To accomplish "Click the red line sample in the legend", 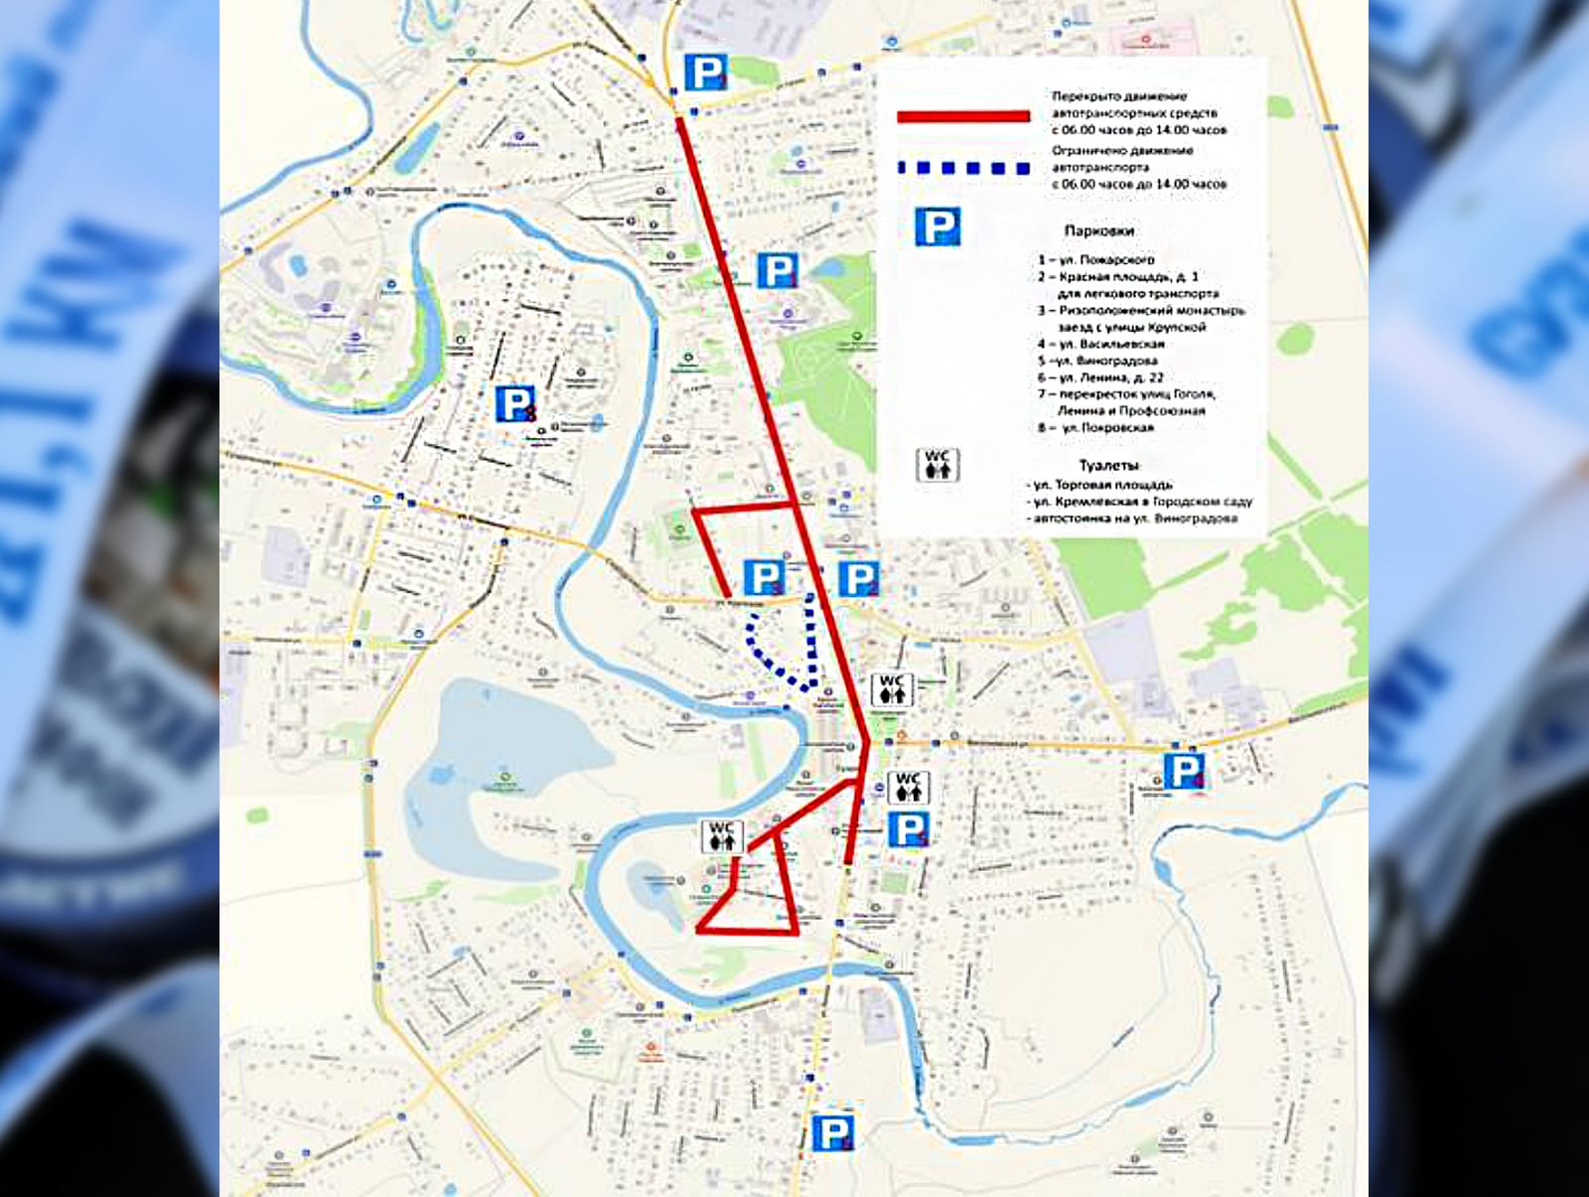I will pyautogui.click(x=962, y=116).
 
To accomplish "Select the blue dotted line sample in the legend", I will pyautogui.click(x=962, y=169).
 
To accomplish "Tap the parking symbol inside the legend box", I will pyautogui.click(x=937, y=227).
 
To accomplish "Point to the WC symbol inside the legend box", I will pyautogui.click(x=937, y=465).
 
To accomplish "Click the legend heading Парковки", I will pyautogui.click(x=1098, y=230).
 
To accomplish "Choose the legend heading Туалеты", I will pyautogui.click(x=1108, y=465).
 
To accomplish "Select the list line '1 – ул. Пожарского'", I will pyautogui.click(x=1095, y=259).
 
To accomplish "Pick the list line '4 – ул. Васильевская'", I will pyautogui.click(x=1100, y=344).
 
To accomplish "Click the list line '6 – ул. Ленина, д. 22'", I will pyautogui.click(x=1099, y=377).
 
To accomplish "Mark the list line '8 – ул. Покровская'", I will pyautogui.click(x=1095, y=428).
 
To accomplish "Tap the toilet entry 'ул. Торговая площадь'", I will pyautogui.click(x=1099, y=485).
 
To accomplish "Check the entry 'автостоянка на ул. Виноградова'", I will pyautogui.click(x=1134, y=519).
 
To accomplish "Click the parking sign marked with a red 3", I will pyautogui.click(x=514, y=404).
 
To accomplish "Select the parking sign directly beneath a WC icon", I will pyautogui.click(x=908, y=829).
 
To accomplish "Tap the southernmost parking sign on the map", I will pyautogui.click(x=832, y=1132).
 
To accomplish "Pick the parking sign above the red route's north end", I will pyautogui.click(x=705, y=73).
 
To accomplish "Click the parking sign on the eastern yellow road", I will pyautogui.click(x=1184, y=771).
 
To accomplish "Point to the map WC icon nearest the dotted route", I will pyautogui.click(x=891, y=689).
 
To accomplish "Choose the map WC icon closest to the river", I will pyautogui.click(x=721, y=836).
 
